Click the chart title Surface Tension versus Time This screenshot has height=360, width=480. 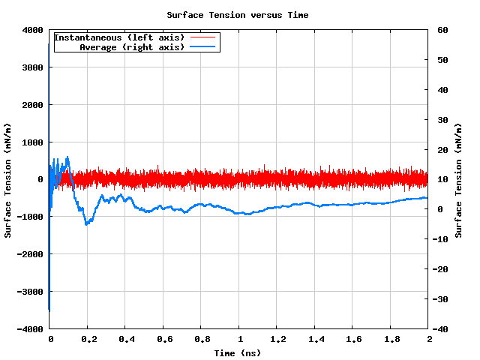pyautogui.click(x=237, y=15)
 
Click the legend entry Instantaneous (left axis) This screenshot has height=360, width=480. pyautogui.click(x=121, y=37)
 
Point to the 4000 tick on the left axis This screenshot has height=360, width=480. pyautogui.click(x=31, y=30)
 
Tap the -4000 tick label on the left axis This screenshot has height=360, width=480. pyautogui.click(x=29, y=329)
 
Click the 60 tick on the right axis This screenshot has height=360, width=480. pyautogui.click(x=442, y=30)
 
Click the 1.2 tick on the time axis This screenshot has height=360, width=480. pyautogui.click(x=277, y=339)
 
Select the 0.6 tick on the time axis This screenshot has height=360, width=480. pyautogui.click(x=163, y=339)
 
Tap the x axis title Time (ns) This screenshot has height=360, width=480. pyautogui.click(x=237, y=352)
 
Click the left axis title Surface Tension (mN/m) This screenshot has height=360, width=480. pyautogui.click(x=8, y=180)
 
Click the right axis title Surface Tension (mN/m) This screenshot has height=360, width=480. pyautogui.click(x=458, y=180)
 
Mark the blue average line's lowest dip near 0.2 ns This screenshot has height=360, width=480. pyautogui.click(x=87, y=223)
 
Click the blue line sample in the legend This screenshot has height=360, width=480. pyautogui.click(x=202, y=46)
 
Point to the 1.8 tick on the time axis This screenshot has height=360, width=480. pyautogui.click(x=391, y=339)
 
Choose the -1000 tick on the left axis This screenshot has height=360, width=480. pyautogui.click(x=29, y=217)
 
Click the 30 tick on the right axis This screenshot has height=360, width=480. pyautogui.click(x=442, y=120)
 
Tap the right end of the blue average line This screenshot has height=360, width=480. pyautogui.click(x=427, y=198)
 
